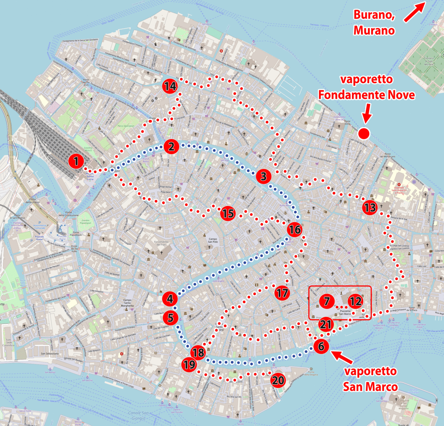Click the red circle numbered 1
(76, 161)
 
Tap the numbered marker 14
(170, 86)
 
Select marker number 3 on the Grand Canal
(263, 176)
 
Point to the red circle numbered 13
(370, 207)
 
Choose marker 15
(228, 213)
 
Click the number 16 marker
(295, 230)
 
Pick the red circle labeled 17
(282, 293)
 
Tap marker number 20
(278, 380)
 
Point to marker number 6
(321, 346)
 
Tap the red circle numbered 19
(189, 365)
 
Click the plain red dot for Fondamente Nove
(364, 133)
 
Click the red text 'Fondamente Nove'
(366, 95)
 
